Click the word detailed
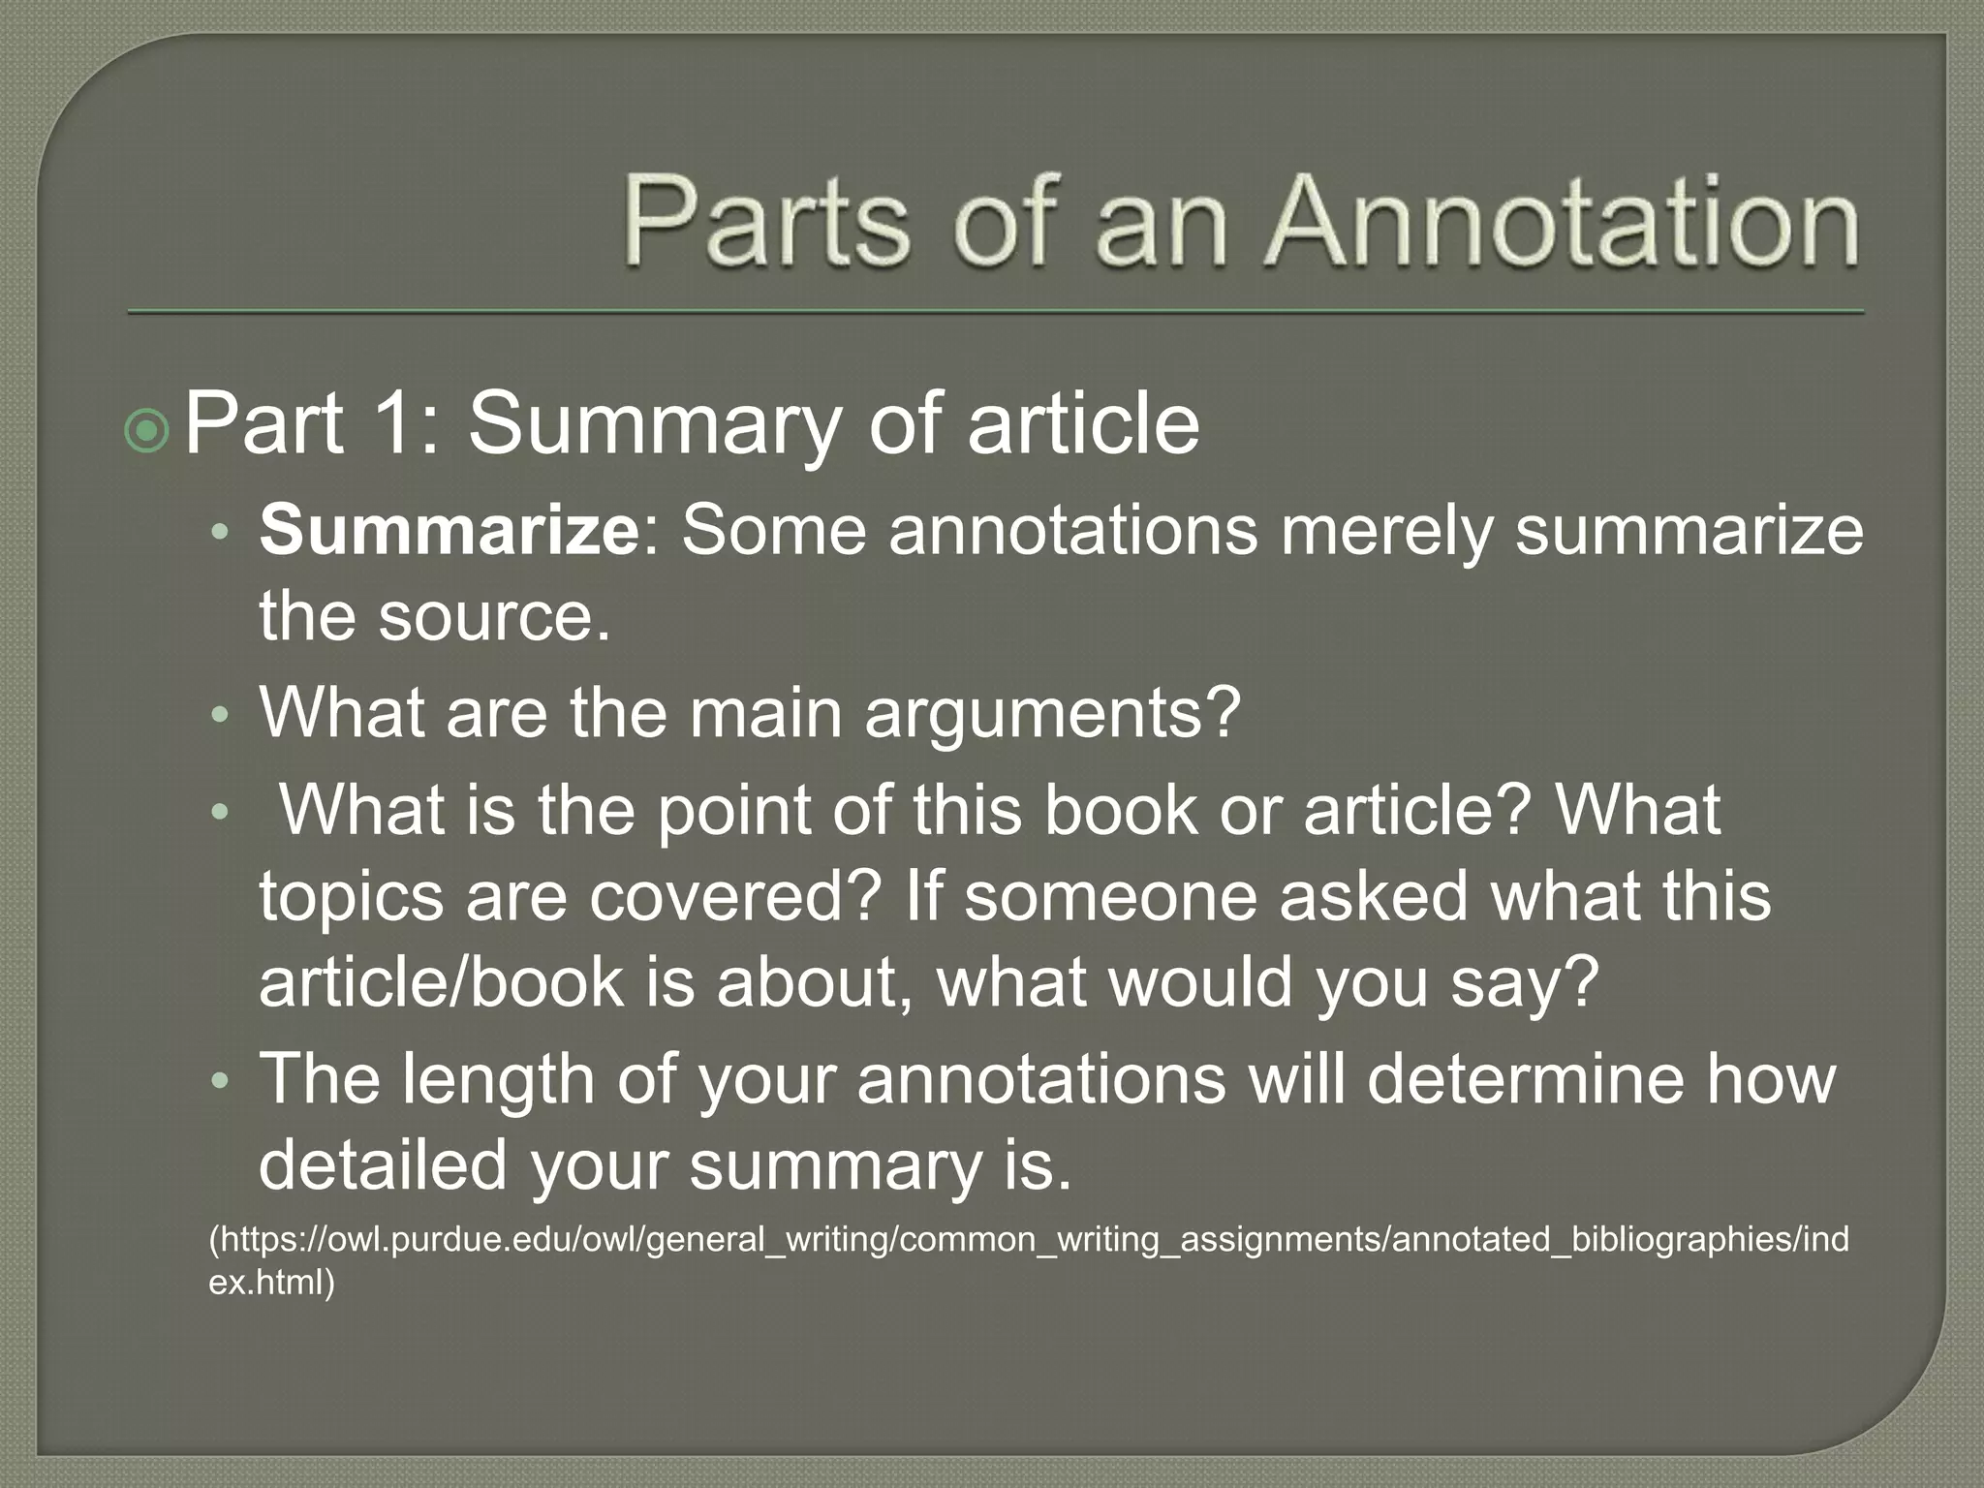pyautogui.click(x=383, y=1164)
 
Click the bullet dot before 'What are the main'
pyautogui.click(x=222, y=716)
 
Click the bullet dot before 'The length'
pyautogui.click(x=222, y=1081)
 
